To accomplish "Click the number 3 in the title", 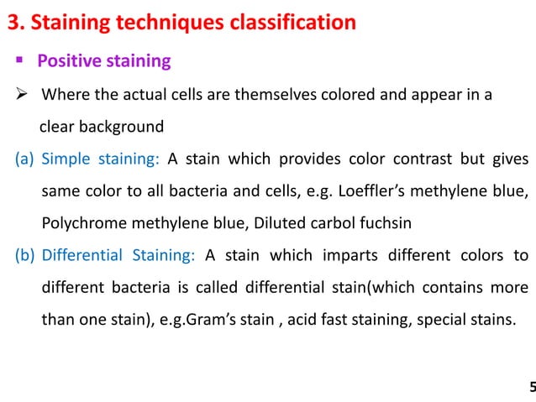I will click(13, 23).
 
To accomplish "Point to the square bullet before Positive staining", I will click(18, 61).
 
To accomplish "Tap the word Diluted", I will click(265, 224).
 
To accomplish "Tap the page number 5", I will click(531, 387).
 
